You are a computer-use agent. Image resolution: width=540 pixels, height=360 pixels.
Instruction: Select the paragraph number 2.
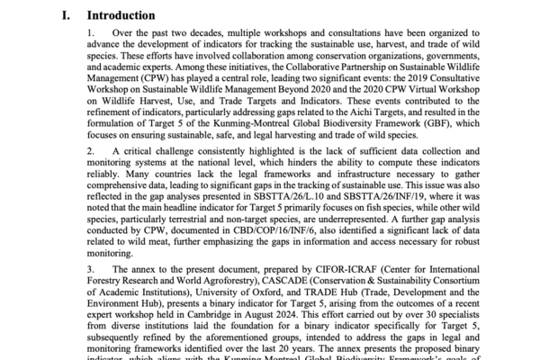[91, 148]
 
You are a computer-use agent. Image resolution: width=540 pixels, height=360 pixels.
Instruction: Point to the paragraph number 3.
[91, 268]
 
